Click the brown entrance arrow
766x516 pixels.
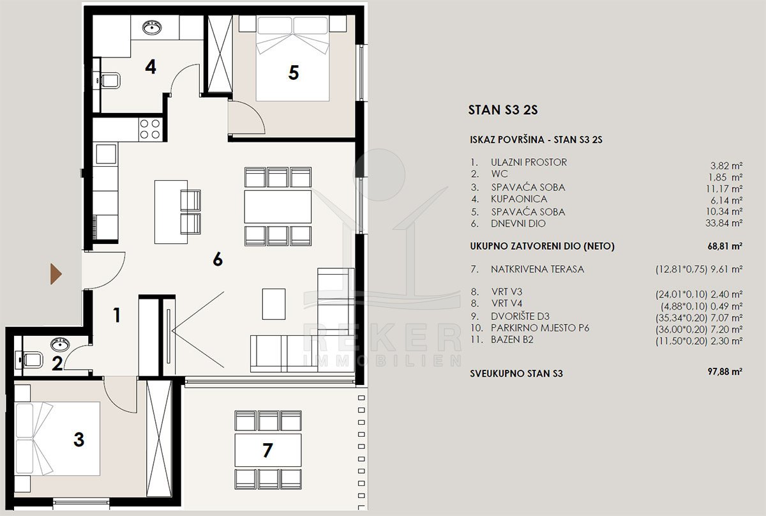(56, 274)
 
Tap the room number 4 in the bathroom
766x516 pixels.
(151, 67)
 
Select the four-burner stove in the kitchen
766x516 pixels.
(150, 129)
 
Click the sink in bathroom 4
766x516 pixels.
(152, 27)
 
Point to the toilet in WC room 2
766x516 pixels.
(30, 360)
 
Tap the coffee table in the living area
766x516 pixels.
(274, 304)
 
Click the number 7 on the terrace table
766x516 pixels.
(267, 450)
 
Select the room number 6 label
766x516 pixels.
(218, 259)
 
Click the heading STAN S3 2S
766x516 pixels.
(503, 110)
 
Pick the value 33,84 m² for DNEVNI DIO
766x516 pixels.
(724, 223)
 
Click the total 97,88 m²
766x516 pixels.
(725, 371)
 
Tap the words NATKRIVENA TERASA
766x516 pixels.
(537, 269)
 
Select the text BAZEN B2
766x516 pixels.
(512, 340)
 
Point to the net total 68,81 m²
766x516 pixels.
(725, 246)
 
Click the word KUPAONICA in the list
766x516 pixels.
(519, 199)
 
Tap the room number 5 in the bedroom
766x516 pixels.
(294, 73)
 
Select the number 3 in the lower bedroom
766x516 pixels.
(79, 440)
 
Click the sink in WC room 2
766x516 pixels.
(60, 344)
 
